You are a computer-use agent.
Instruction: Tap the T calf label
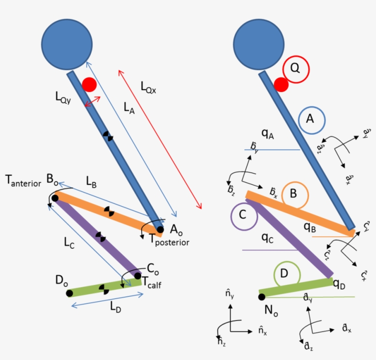tap(151, 284)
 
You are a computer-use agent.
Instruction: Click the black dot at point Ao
tap(160, 229)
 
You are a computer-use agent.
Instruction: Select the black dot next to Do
tap(69, 293)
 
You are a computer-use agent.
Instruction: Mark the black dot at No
tap(261, 297)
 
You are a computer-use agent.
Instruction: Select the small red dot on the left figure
tap(89, 85)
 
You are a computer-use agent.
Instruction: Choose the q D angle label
tap(340, 285)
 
